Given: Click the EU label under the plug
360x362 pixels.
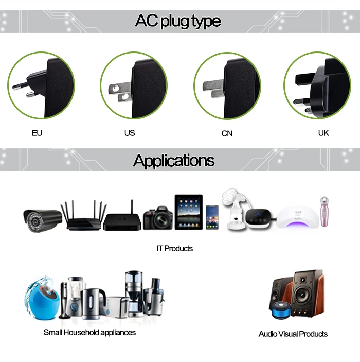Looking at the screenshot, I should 37,133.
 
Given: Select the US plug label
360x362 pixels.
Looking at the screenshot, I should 130,133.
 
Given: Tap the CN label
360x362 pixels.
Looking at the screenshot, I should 227,133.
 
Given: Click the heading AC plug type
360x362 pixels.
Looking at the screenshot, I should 178,21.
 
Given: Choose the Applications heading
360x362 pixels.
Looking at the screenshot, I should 174,160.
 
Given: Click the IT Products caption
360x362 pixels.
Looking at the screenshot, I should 175,248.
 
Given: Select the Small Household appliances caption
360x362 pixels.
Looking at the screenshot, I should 90,332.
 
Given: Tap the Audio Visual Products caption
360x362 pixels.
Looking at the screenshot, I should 293,334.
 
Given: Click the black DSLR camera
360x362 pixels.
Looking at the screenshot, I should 157,218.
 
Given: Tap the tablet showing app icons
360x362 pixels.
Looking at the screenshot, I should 188,212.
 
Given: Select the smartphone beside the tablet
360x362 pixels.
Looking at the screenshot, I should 212,217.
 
